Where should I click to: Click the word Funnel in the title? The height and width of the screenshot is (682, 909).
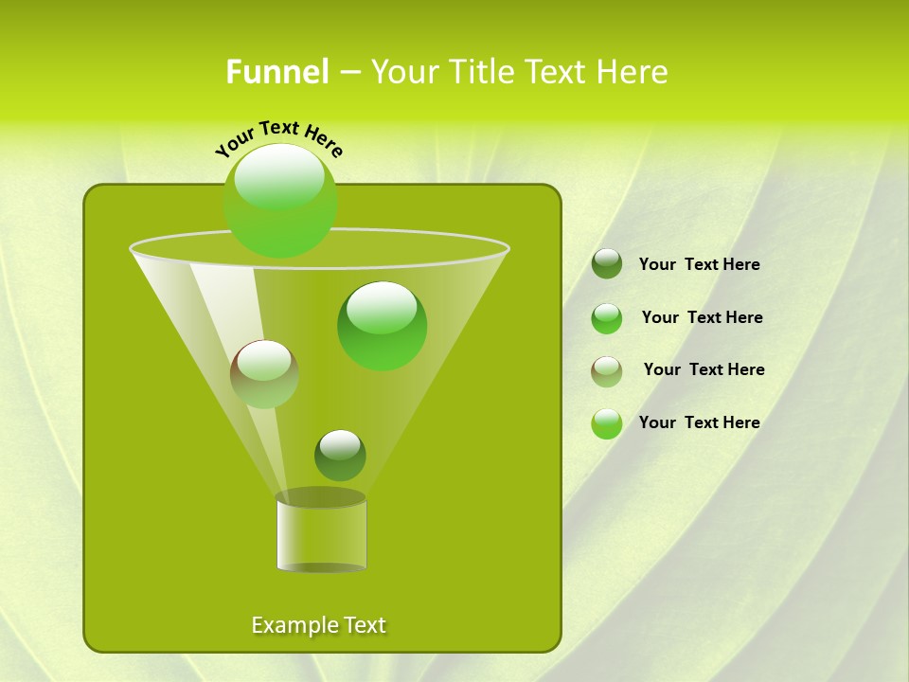276,72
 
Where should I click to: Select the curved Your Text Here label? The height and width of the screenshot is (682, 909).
278,136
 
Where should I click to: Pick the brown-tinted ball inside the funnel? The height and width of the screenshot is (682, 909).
264,373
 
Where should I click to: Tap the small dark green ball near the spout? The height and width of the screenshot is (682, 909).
340,455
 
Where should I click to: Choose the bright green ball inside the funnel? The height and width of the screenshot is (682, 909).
382,325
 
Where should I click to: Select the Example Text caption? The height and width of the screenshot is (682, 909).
318,625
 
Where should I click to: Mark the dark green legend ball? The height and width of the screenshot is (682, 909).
607,264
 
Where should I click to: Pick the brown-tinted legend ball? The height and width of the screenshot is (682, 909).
607,370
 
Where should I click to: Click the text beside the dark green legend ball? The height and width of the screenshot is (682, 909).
699,265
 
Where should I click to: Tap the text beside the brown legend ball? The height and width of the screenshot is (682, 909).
704,369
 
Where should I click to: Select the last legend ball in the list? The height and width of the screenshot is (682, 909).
607,423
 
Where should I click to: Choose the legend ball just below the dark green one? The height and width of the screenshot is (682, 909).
607,318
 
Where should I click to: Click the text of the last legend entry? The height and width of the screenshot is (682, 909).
699,422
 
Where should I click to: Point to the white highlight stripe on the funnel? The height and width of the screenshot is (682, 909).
227,313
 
